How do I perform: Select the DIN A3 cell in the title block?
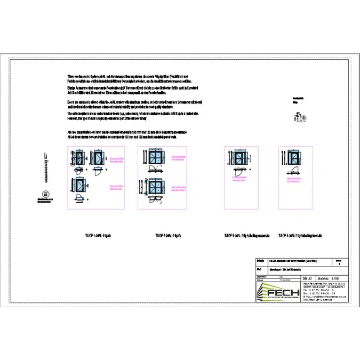coord(306,278)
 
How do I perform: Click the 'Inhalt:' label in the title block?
coord(260,261)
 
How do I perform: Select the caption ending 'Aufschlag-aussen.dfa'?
coord(249,235)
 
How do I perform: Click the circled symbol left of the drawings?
coord(46,194)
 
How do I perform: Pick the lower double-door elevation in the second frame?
coord(158,188)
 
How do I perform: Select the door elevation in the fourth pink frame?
coord(293,158)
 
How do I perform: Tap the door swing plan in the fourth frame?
coord(293,172)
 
